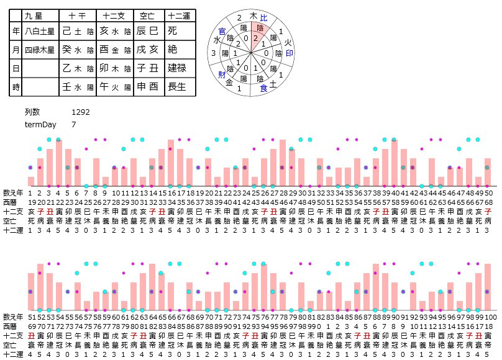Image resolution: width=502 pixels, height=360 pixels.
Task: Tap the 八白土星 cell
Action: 39,30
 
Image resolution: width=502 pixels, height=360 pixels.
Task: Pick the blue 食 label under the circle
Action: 263,89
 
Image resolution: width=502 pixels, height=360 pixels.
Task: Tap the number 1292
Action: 81,112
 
